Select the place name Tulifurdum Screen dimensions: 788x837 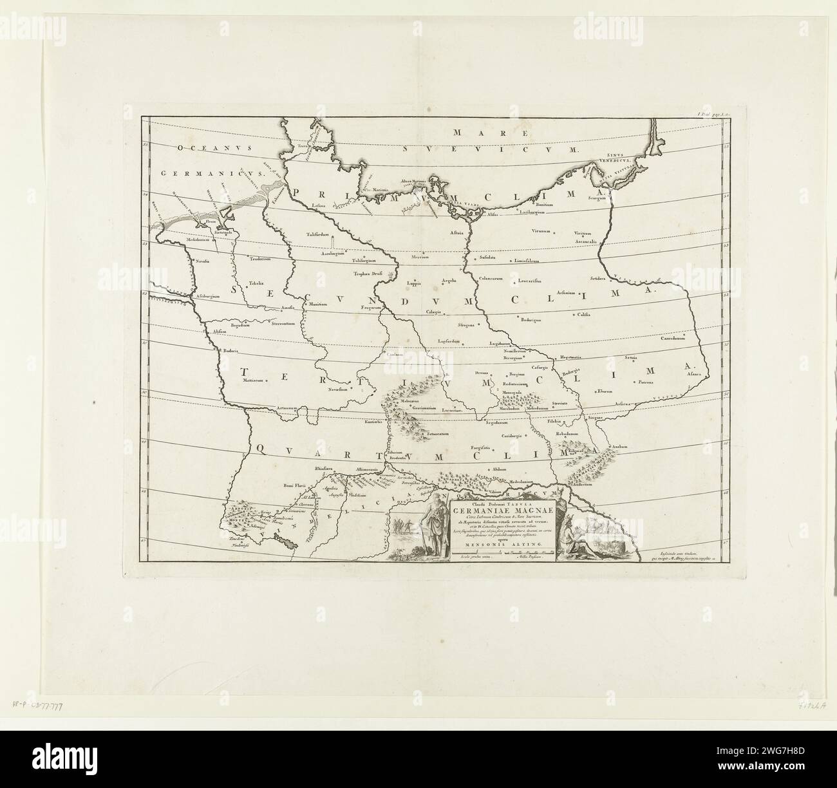[x=317, y=235]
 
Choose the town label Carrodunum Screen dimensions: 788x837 [x=675, y=339]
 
